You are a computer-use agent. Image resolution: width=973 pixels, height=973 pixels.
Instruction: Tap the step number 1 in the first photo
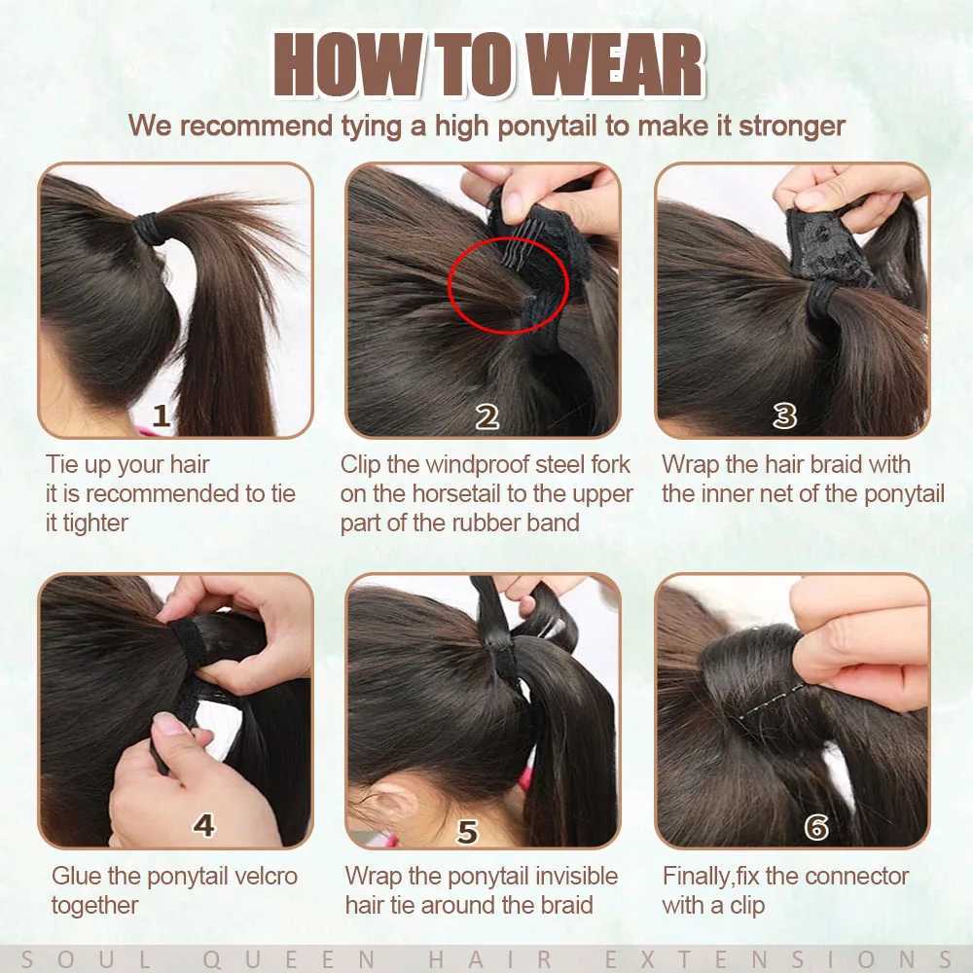162,415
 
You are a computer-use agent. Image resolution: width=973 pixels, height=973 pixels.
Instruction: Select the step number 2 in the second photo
487,417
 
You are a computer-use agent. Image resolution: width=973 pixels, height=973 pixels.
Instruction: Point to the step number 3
784,415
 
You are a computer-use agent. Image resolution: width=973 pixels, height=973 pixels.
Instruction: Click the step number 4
203,825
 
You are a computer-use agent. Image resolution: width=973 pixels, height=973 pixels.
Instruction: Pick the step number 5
467,832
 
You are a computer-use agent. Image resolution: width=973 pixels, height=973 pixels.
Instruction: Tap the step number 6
816,826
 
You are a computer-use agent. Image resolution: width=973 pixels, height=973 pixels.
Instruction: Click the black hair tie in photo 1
148,228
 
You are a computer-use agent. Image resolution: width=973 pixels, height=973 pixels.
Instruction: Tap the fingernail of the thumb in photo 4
166,724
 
